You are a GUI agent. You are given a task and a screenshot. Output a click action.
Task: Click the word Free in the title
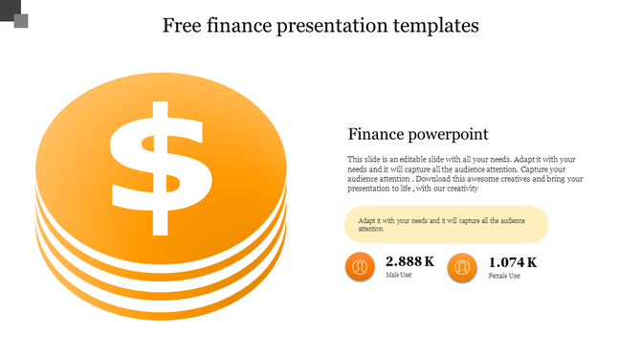coord(182,26)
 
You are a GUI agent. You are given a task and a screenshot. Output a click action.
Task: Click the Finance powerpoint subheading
coord(418,134)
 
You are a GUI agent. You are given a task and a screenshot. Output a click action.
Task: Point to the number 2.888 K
coord(409,261)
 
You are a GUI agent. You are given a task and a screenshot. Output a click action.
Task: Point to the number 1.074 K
coord(512,262)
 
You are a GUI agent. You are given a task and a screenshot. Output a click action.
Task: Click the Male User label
coord(400,276)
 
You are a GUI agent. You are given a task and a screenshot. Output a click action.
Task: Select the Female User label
coord(504,276)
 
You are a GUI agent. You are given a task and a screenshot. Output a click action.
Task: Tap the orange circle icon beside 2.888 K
coord(360,267)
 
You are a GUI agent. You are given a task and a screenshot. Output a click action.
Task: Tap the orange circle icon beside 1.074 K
coord(462,267)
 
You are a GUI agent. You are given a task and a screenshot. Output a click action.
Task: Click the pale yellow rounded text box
coord(446,224)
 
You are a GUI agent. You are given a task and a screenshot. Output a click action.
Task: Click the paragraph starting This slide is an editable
coord(465,173)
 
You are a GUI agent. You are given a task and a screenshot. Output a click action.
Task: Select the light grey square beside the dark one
coord(20,20)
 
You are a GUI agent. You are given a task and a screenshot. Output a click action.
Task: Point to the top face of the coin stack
coord(220,115)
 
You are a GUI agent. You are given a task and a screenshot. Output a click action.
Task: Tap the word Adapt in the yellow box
coord(368,220)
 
